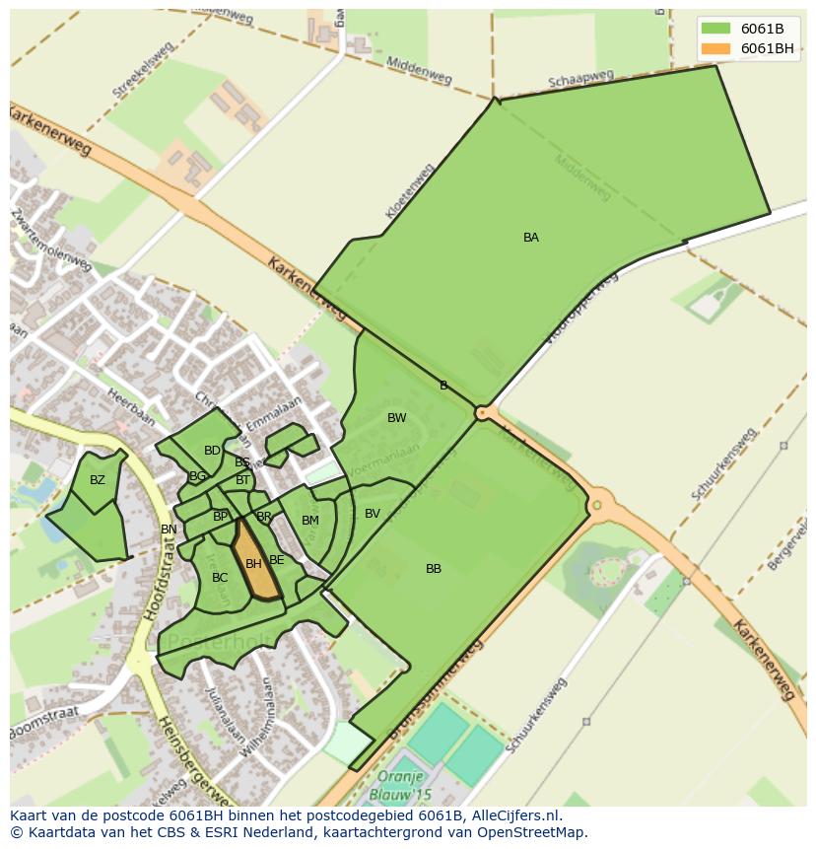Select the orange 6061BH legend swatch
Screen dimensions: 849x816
[715, 48]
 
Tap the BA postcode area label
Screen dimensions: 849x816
[531, 238]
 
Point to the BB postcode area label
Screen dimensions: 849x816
[434, 569]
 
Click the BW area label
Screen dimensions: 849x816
[396, 418]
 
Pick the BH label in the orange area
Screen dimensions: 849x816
[253, 564]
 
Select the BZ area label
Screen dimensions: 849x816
[97, 481]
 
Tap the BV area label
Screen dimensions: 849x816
[373, 514]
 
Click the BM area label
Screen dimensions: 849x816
[310, 521]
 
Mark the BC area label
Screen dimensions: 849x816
[220, 578]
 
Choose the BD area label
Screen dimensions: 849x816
[212, 451]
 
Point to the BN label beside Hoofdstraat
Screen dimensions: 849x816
[169, 530]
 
